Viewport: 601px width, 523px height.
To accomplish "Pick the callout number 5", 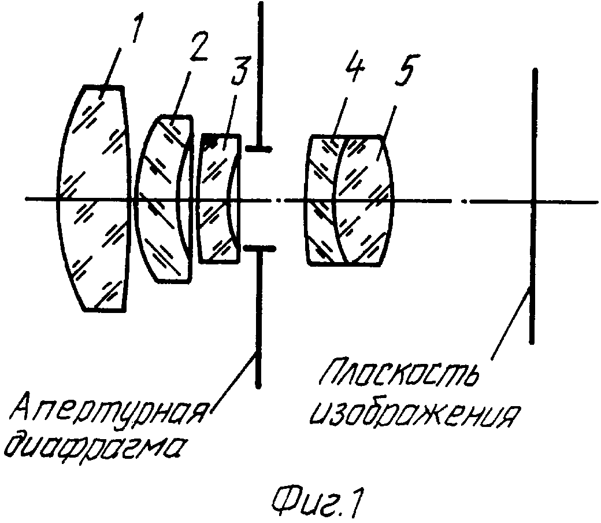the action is pyautogui.click(x=406, y=71).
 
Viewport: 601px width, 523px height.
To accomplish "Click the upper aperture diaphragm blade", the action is pyautogui.click(x=260, y=77).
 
